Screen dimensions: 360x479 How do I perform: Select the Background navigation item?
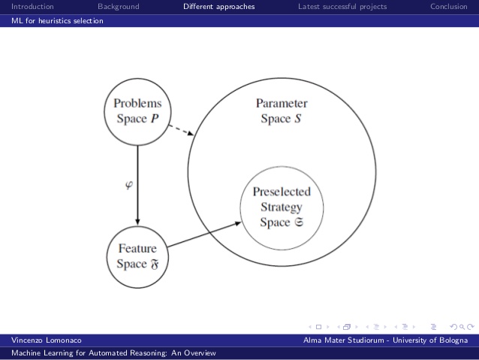click(119, 7)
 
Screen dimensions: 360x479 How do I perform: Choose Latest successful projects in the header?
click(342, 7)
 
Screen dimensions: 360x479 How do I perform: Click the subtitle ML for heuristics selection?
click(57, 21)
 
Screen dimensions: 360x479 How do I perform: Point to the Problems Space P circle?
click(137, 110)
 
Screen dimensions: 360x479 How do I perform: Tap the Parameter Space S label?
click(282, 111)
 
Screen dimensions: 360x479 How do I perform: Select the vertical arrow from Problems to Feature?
click(137, 183)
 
